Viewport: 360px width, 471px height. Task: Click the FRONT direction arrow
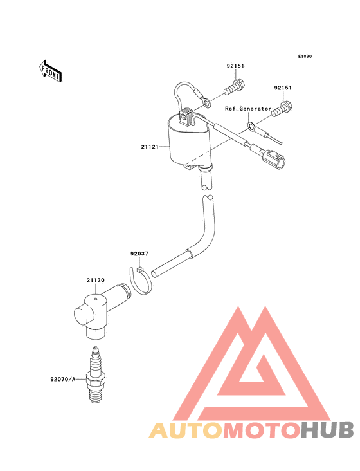click(x=50, y=71)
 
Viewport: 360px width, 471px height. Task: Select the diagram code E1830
click(x=305, y=56)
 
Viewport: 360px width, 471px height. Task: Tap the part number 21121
click(x=150, y=147)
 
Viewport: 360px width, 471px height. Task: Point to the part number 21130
click(x=96, y=281)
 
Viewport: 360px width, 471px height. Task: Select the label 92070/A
click(x=63, y=380)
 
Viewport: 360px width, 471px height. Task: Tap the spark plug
click(x=95, y=375)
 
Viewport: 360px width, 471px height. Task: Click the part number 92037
click(x=139, y=254)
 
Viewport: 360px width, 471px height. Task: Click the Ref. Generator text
click(x=248, y=109)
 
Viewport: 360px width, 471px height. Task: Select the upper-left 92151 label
click(x=235, y=66)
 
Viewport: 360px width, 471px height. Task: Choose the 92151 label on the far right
click(x=283, y=88)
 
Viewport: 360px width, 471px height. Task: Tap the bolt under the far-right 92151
click(x=282, y=109)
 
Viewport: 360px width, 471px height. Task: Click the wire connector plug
click(x=273, y=158)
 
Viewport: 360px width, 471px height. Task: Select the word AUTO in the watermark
click(x=186, y=430)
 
